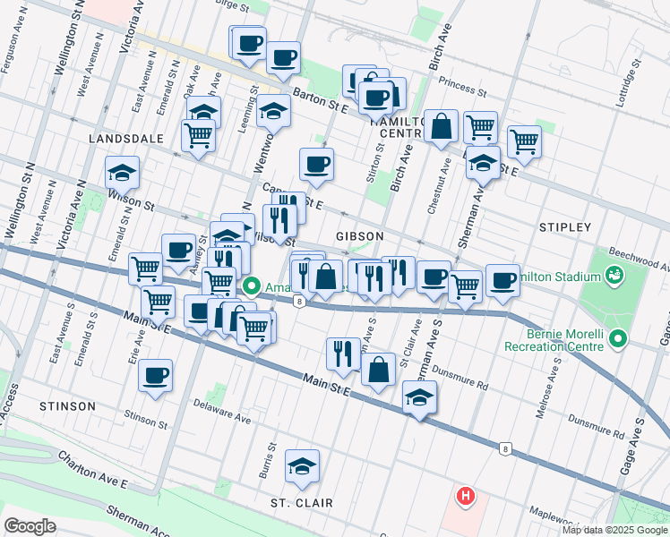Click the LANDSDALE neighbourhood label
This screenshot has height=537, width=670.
125,140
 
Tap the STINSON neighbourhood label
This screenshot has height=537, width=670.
67,406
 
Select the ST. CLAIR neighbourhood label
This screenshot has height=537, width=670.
302,503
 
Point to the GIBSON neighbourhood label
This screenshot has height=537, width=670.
359,236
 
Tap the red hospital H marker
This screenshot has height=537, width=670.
465,495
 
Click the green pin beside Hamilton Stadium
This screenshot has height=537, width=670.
615,274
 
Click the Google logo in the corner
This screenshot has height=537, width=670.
30,526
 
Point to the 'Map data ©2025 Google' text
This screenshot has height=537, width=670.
614,530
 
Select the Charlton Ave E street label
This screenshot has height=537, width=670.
94,471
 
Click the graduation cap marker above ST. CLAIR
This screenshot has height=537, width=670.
302,465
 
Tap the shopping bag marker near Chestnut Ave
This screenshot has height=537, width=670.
442,126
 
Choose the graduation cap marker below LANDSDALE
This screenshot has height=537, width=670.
123,172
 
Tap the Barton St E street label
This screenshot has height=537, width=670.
323,105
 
